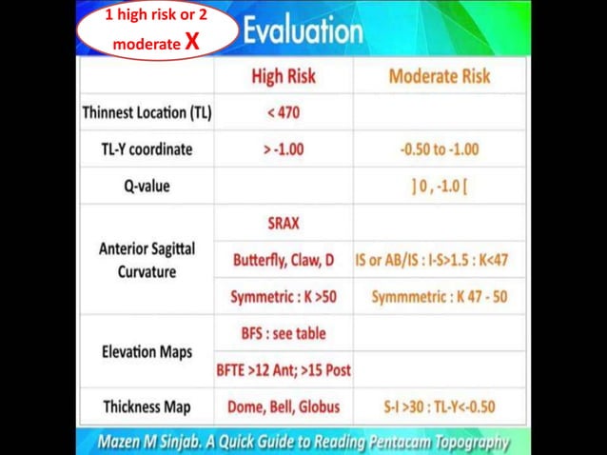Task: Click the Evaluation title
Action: click(x=303, y=31)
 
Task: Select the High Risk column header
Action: click(x=284, y=77)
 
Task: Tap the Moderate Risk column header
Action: click(x=440, y=77)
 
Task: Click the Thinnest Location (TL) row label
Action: click(x=147, y=112)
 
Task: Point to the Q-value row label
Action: click(x=147, y=186)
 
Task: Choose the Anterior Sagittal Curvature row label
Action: click(x=147, y=259)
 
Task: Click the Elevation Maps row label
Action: click(x=147, y=351)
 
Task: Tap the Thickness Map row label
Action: click(x=147, y=406)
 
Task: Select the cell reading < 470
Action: click(x=284, y=112)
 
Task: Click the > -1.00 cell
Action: click(x=284, y=149)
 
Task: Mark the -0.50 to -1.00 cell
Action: click(x=440, y=149)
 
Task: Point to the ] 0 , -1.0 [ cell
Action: click(x=440, y=186)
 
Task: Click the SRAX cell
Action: click(x=284, y=223)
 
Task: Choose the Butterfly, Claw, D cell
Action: click(x=284, y=259)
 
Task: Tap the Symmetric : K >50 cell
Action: click(x=284, y=297)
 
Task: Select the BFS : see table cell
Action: click(x=284, y=333)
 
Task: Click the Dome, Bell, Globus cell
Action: click(x=284, y=406)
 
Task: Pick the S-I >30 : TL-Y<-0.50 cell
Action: click(x=440, y=406)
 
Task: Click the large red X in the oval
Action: click(x=192, y=42)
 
